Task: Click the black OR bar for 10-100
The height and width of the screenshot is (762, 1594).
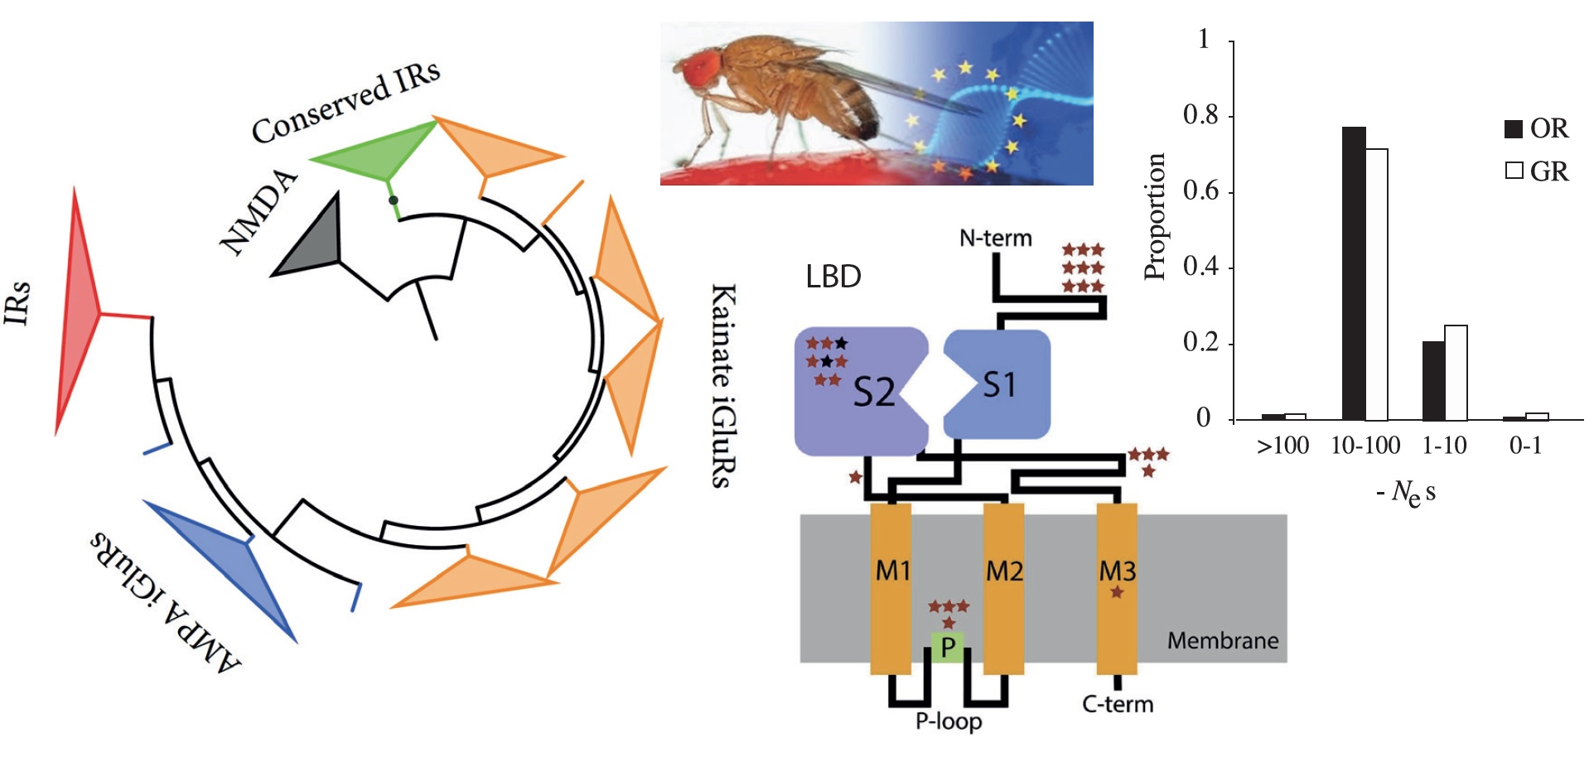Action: [x=1353, y=273]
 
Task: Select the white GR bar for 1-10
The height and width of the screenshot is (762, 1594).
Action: [x=1456, y=373]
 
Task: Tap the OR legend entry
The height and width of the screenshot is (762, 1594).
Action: [x=1537, y=129]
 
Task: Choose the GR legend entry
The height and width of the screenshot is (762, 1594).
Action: [x=1537, y=171]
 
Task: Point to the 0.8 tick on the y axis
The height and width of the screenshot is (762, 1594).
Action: [x=1201, y=115]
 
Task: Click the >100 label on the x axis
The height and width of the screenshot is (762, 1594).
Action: [x=1282, y=446]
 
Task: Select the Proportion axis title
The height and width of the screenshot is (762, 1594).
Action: [x=1155, y=217]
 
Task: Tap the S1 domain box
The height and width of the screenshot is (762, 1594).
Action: [x=999, y=383]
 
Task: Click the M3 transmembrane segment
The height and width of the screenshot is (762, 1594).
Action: [x=1117, y=588]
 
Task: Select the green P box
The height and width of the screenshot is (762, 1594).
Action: [x=948, y=647]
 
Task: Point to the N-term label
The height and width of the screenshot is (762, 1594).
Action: [x=995, y=239]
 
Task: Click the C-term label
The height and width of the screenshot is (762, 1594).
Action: [x=1118, y=704]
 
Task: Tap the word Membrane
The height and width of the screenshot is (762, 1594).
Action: [x=1222, y=640]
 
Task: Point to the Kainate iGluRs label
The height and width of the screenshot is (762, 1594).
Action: [x=723, y=385]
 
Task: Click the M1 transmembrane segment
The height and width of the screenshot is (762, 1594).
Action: [x=891, y=588]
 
